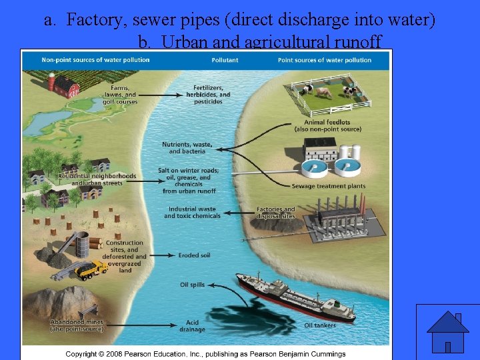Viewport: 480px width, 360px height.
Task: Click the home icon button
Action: (447, 331)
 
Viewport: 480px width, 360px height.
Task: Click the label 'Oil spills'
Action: (192, 285)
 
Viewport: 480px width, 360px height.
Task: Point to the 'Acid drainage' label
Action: (192, 326)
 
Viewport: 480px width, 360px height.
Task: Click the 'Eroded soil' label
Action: (194, 255)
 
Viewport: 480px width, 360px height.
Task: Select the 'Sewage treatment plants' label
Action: (329, 187)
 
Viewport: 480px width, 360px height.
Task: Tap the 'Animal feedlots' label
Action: (327, 125)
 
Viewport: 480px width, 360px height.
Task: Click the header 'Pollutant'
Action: (225, 60)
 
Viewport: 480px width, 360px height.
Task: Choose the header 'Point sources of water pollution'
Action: (325, 60)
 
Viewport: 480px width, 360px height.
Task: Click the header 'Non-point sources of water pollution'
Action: (95, 60)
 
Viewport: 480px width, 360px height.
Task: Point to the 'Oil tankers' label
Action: (320, 325)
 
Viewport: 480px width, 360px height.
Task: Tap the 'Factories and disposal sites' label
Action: (275, 213)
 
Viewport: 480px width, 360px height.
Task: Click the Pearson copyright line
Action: (205, 353)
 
